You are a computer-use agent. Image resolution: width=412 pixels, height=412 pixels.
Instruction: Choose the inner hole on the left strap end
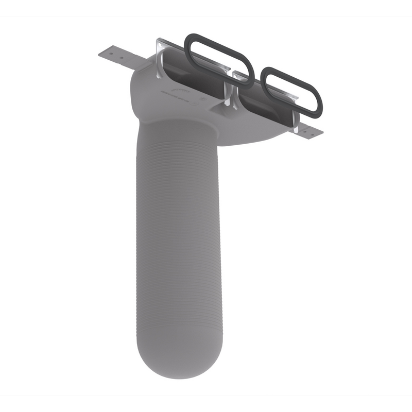tap(122, 58)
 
